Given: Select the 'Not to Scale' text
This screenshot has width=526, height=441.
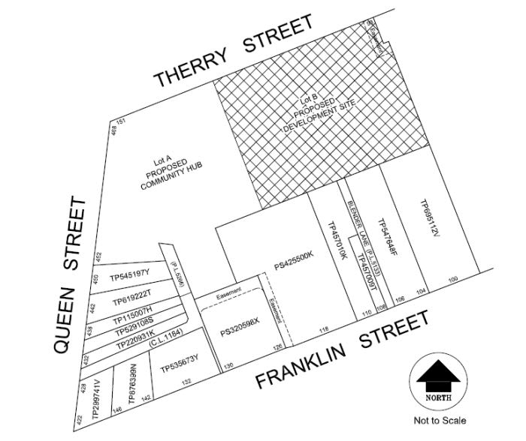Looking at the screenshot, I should [x=439, y=421].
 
